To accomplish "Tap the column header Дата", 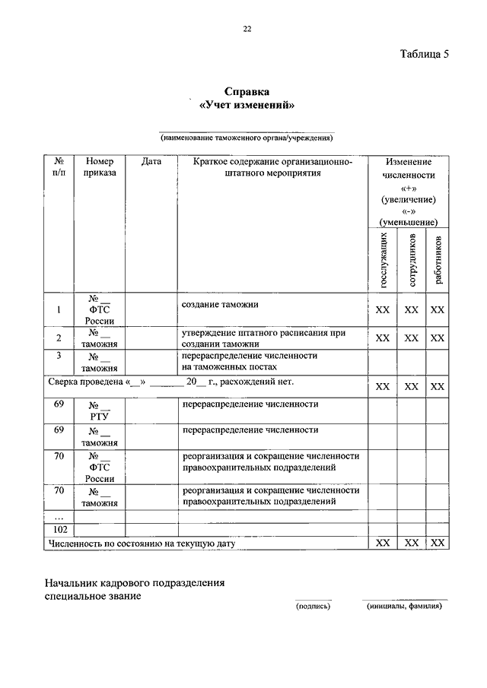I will (151, 162).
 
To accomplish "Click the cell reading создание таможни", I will (221, 304).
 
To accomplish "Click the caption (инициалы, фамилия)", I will (403, 607).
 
